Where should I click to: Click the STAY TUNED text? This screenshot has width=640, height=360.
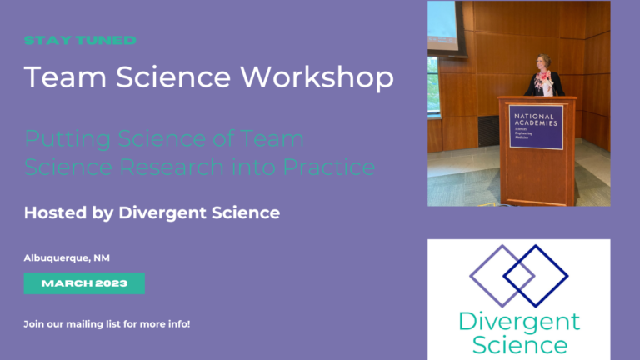tap(80, 40)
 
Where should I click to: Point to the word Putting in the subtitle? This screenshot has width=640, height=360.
tap(63, 138)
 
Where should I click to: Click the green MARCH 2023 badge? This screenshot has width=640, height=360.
tap(84, 283)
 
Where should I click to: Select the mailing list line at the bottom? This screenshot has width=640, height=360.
tap(107, 322)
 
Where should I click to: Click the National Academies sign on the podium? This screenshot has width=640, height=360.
tap(535, 127)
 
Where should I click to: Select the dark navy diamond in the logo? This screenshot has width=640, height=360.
tap(536, 275)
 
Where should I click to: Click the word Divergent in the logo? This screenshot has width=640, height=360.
tap(519, 322)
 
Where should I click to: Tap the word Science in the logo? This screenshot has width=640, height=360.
tap(519, 344)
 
